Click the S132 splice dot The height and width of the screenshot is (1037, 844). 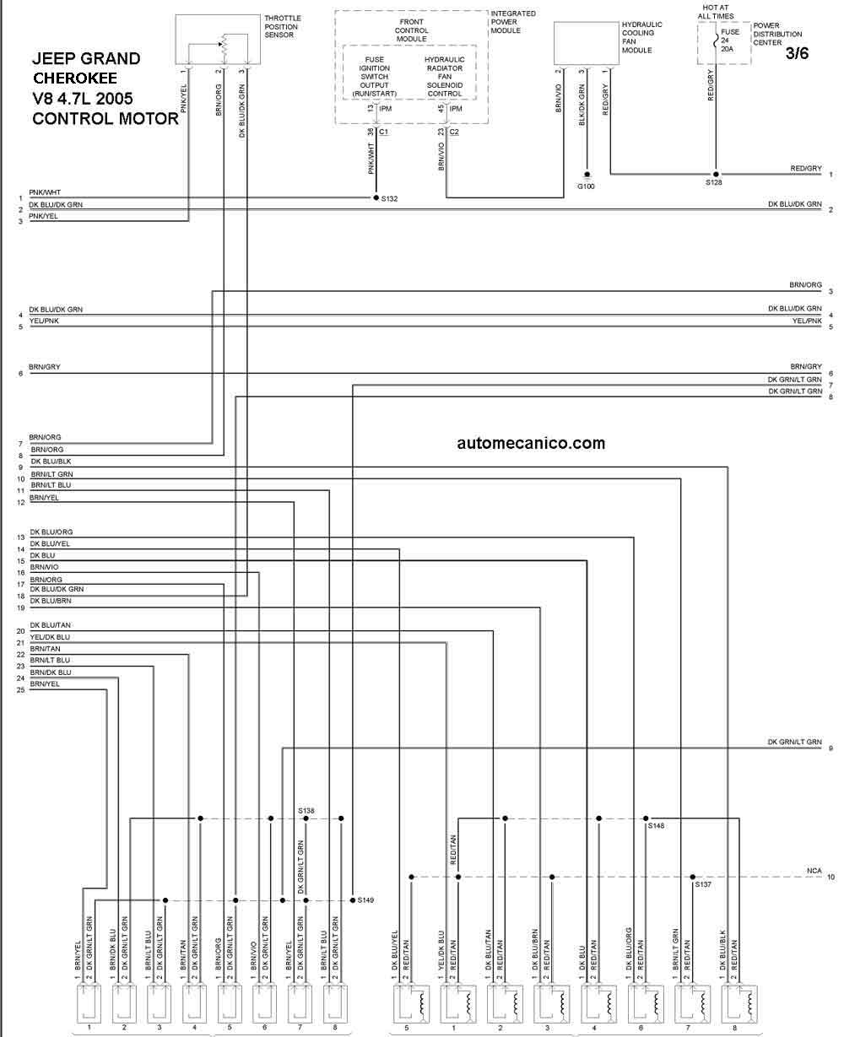(x=376, y=197)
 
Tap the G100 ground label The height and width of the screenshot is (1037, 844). (x=586, y=186)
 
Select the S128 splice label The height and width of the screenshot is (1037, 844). (x=713, y=182)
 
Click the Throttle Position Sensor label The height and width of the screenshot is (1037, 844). (x=283, y=27)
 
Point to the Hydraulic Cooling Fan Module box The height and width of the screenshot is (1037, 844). (x=587, y=43)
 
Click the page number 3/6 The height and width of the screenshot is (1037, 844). (x=797, y=53)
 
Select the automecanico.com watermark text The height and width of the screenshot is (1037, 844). (x=531, y=443)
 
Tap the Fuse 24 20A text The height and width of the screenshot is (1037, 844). (x=729, y=41)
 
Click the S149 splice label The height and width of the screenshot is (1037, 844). (x=365, y=900)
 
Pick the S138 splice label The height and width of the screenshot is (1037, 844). (x=306, y=811)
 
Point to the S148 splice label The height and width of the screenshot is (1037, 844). (x=656, y=826)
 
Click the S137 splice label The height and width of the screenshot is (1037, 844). (x=703, y=884)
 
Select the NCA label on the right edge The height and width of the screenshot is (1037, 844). (x=814, y=871)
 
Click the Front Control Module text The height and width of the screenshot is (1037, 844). (x=412, y=30)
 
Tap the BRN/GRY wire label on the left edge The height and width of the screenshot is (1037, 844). (x=45, y=366)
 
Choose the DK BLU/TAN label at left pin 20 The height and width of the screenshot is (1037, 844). (x=50, y=625)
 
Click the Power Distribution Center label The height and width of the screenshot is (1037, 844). (x=777, y=34)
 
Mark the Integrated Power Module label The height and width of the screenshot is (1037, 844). (x=513, y=22)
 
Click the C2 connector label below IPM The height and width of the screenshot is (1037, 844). (x=454, y=132)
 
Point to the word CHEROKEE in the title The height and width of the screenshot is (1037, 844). (x=75, y=78)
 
